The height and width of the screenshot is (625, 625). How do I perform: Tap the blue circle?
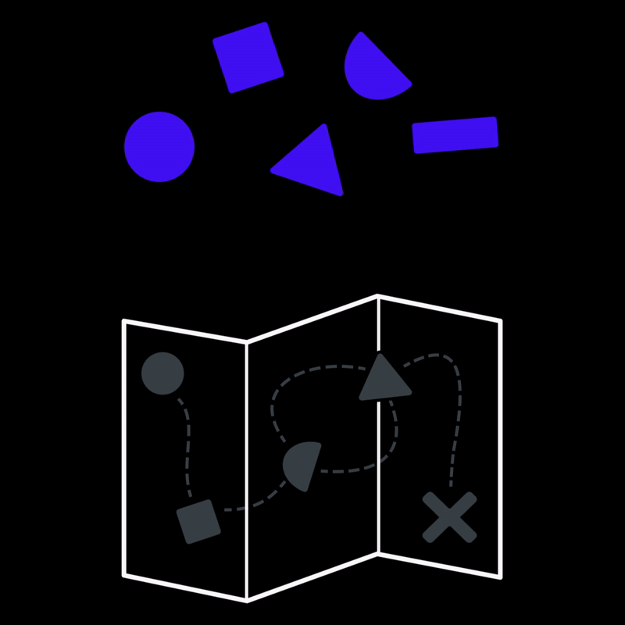click(x=159, y=147)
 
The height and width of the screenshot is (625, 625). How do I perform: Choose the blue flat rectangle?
click(x=455, y=134)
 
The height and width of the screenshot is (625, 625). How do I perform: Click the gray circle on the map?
click(x=162, y=373)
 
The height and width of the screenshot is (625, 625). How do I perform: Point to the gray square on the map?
click(x=198, y=521)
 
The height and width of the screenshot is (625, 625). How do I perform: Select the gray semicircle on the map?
click(x=303, y=464)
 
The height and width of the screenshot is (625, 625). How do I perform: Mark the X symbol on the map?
click(x=449, y=517)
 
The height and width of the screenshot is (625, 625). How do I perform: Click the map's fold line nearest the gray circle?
click(x=247, y=469)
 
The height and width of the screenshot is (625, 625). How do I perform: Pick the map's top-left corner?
click(x=124, y=321)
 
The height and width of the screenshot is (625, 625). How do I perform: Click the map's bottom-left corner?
click(x=124, y=576)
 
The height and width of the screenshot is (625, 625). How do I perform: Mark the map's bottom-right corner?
click(x=500, y=577)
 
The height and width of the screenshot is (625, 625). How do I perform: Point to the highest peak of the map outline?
click(x=378, y=296)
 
